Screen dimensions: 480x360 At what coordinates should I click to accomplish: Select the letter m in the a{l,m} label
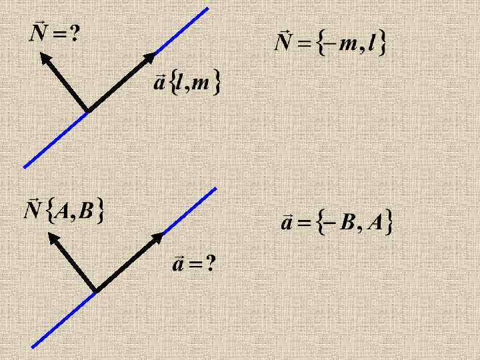pyautogui.click(x=201, y=85)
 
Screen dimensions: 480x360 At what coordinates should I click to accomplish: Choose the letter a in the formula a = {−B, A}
pyautogui.click(x=285, y=223)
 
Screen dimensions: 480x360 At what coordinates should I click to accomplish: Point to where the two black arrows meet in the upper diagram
pyautogui.click(x=88, y=110)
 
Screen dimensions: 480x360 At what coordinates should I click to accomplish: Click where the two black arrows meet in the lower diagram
pyautogui.click(x=97, y=291)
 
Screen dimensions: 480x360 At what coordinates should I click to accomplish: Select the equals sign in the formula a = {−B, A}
pyautogui.click(x=303, y=223)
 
